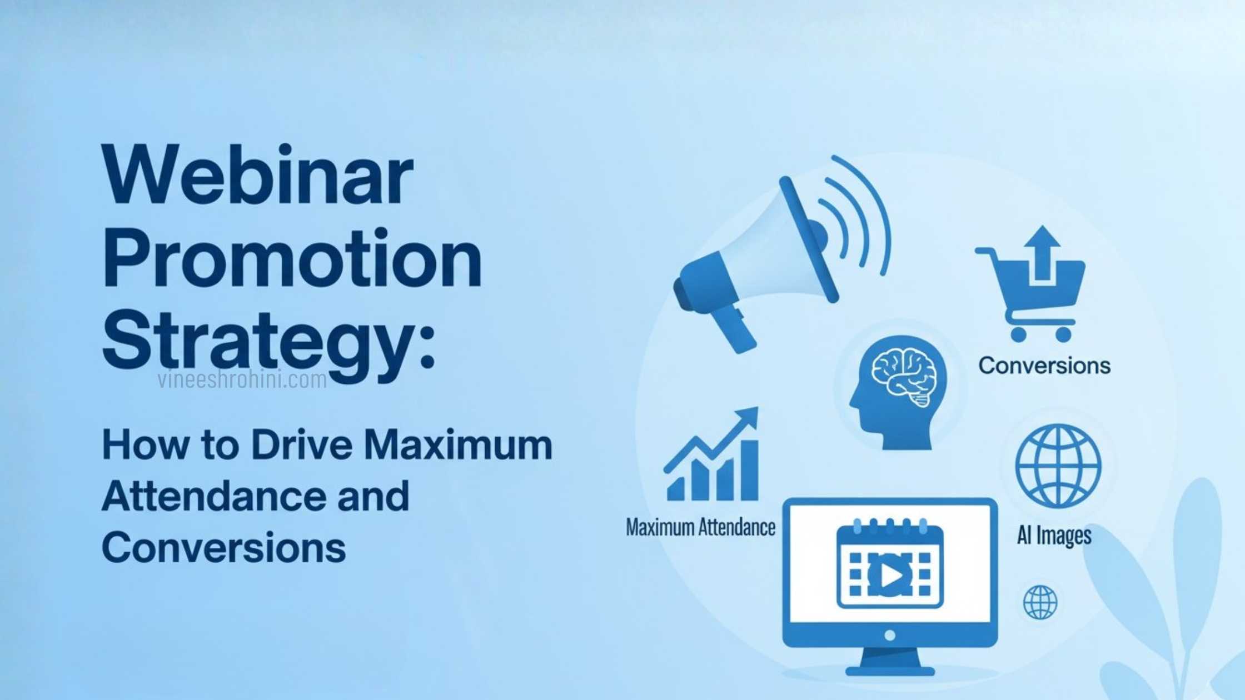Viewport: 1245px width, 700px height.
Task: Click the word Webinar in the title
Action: point(257,176)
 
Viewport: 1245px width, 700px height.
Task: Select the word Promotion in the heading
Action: point(292,259)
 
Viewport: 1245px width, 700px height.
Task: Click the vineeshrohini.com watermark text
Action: point(242,381)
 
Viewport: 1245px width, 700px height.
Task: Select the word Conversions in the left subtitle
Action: point(224,547)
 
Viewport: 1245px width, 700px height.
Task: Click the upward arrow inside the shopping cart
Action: point(1042,253)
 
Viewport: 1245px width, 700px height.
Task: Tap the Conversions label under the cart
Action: point(1044,366)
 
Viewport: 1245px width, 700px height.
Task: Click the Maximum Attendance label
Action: point(700,527)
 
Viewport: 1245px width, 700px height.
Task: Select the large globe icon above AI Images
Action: point(1058,466)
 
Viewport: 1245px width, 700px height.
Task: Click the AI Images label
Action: point(1054,536)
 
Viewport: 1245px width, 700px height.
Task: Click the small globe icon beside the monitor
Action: point(1040,602)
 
